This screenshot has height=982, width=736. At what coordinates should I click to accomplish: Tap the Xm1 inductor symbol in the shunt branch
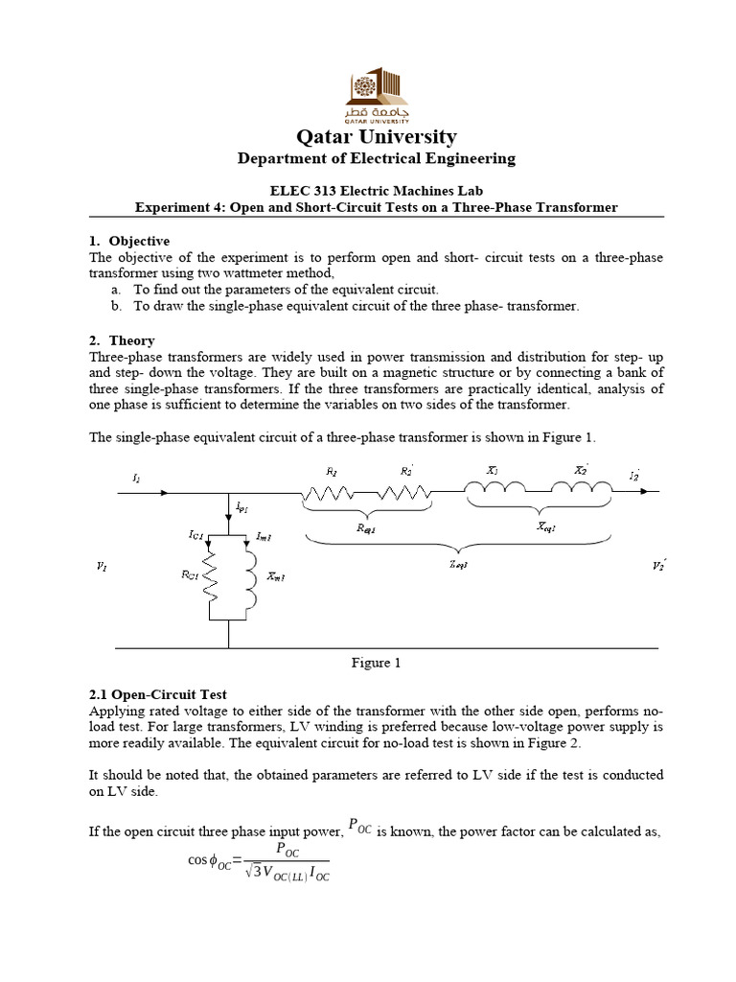[x=251, y=575]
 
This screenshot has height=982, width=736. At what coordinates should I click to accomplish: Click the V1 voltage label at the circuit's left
[x=103, y=567]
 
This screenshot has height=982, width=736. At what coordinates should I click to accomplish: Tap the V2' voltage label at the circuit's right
[x=658, y=567]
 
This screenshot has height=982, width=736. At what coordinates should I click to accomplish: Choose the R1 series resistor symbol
[x=331, y=492]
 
